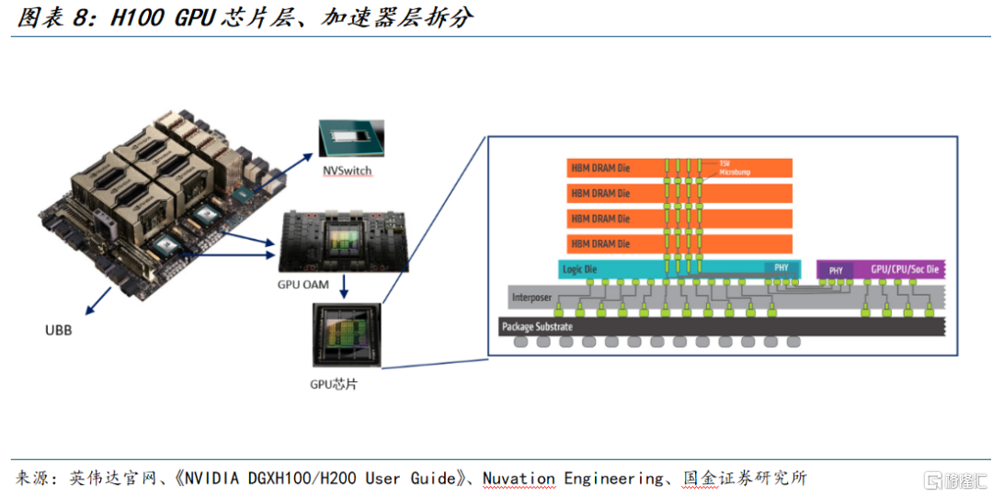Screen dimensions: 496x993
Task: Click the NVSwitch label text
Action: [348, 171]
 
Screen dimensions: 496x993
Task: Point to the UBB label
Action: [58, 330]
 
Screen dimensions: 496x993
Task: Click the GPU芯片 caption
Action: [333, 384]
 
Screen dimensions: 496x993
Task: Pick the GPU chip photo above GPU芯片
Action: [345, 335]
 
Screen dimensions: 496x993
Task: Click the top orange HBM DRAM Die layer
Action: [680, 168]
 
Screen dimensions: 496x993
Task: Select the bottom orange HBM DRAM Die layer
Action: [680, 243]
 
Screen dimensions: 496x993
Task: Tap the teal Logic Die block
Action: [644, 269]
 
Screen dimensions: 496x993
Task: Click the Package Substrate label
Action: [537, 326]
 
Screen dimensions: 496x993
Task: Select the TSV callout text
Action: [724, 162]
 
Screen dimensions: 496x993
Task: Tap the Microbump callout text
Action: [735, 171]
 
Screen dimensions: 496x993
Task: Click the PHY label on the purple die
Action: [836, 271]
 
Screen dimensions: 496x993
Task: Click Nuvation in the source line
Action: [519, 479]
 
